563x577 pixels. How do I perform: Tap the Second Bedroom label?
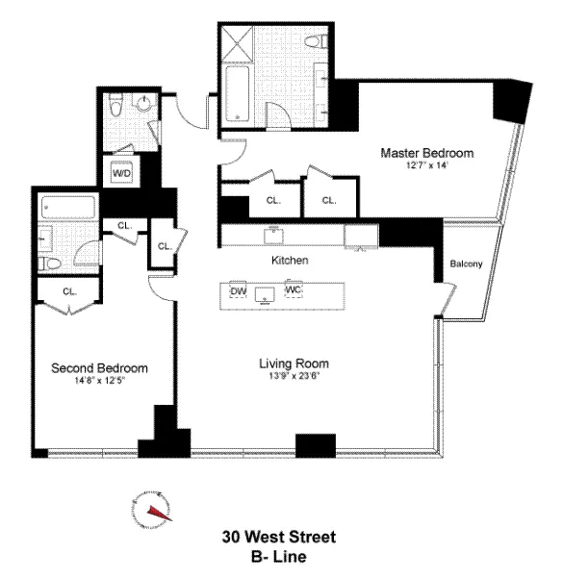(x=99, y=367)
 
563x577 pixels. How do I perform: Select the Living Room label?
(x=294, y=364)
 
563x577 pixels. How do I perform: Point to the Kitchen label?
(x=289, y=261)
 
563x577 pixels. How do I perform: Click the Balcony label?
(x=466, y=264)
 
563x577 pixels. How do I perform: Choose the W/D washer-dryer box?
(x=122, y=173)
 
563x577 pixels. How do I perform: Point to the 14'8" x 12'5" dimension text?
(x=99, y=380)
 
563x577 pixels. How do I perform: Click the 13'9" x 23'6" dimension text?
(x=294, y=376)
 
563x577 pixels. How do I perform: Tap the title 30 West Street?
(x=279, y=536)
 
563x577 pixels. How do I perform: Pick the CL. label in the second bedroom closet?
(x=69, y=289)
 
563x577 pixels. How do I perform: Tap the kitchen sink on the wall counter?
(x=274, y=233)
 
